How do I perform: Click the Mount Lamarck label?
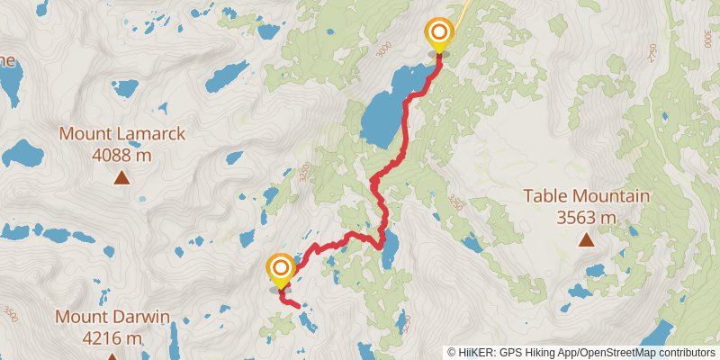click(x=122, y=134)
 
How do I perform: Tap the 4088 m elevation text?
click(x=122, y=155)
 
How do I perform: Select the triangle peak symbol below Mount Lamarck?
click(x=121, y=178)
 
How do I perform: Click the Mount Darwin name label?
click(x=112, y=317)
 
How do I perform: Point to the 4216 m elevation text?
click(x=112, y=338)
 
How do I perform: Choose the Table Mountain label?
click(x=586, y=196)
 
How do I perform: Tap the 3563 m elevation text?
click(x=586, y=217)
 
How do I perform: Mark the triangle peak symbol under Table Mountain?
click(x=586, y=239)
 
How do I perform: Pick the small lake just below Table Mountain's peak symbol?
click(x=594, y=270)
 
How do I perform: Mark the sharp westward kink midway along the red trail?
click(x=373, y=183)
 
